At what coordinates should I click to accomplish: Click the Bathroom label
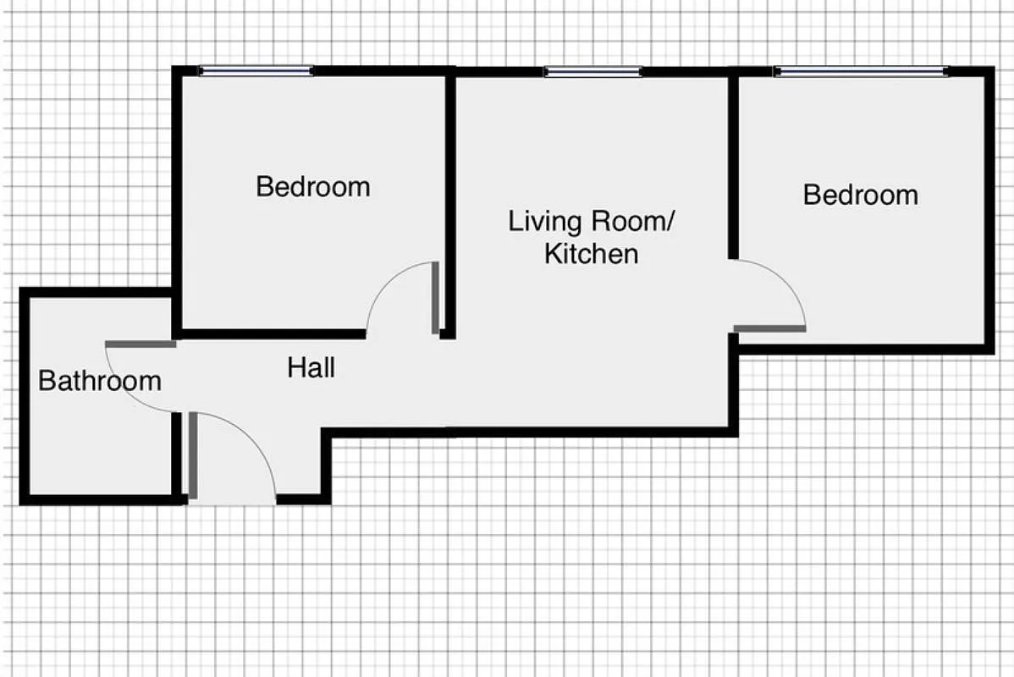pos(100,381)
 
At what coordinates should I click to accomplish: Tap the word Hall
pos(311,368)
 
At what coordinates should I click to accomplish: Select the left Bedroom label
pos(313,186)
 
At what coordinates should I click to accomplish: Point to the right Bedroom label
pos(860,195)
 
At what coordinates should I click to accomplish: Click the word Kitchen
pos(591,253)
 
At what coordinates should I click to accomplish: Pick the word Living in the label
pos(545,222)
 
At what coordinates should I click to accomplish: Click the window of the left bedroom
pos(256,71)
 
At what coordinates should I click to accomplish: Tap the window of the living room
pos(592,72)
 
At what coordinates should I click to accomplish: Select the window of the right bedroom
pos(860,72)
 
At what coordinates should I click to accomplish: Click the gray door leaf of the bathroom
pos(141,344)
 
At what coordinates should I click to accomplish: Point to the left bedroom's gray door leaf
pos(435,297)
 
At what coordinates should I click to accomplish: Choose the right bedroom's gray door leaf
pos(769,327)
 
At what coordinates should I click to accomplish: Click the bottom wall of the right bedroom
pos(863,349)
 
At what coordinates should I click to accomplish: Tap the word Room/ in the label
pos(633,222)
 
